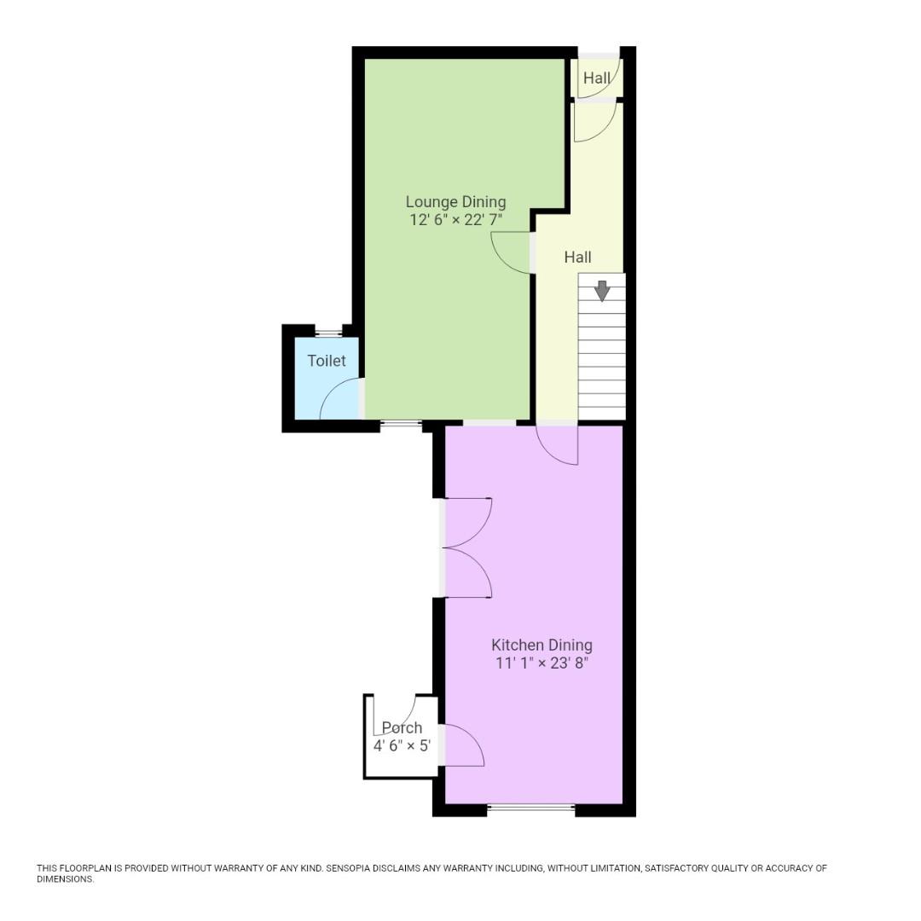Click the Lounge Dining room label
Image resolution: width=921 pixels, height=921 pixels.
coord(455,202)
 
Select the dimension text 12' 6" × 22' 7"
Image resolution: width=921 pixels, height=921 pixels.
coord(455,219)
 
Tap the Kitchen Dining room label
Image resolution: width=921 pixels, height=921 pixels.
coord(542,645)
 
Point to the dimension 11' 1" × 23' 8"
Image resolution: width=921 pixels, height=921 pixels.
coord(542,663)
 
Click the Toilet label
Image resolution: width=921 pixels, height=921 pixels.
coord(327,361)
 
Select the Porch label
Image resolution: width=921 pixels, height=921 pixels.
coord(402,727)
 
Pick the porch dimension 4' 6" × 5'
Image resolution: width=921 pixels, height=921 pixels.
coord(402,744)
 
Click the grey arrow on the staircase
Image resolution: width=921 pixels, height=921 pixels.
coord(602,291)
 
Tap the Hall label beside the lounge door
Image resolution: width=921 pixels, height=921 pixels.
coord(577,257)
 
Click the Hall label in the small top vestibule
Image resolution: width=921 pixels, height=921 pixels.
coord(597,78)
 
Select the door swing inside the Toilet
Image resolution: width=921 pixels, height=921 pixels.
coord(341,400)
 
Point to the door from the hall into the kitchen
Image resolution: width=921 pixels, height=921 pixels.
coord(557,444)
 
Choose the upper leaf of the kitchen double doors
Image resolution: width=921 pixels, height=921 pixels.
coord(467,522)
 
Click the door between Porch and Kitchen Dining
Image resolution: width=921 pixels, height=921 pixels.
coord(463,744)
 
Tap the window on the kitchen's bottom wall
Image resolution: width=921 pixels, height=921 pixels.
coord(531,807)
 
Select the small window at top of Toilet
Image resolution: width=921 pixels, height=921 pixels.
coord(328,332)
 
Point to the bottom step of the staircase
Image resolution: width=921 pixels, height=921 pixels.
coord(602,413)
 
